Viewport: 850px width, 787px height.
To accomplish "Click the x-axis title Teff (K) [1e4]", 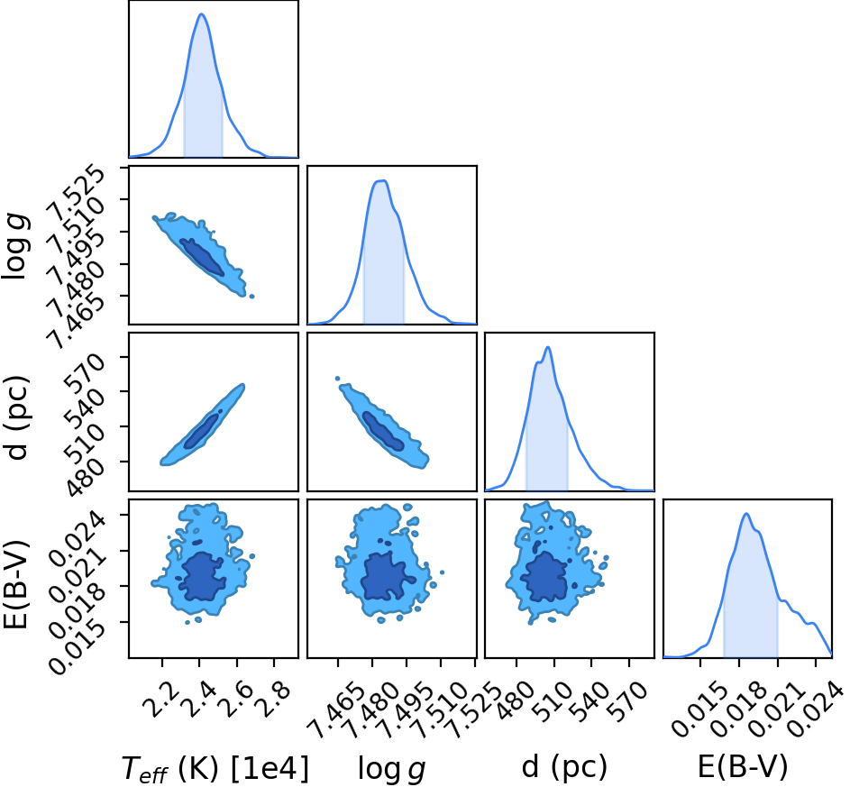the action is click(215, 769).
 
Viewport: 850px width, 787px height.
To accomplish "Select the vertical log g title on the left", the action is click(15, 247).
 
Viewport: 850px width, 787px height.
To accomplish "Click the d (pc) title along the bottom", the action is click(564, 767).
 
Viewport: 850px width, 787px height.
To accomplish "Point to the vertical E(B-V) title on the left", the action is click(15, 585).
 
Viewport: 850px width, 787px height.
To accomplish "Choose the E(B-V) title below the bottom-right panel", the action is click(742, 767).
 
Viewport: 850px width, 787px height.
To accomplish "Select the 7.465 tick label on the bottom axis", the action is click(334, 710).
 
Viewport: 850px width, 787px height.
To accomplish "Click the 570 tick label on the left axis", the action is click(84, 370).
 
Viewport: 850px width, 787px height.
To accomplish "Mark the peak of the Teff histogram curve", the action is click(202, 14).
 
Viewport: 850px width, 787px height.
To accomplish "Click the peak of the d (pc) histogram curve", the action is click(548, 347).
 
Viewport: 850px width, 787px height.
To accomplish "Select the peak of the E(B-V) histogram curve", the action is click(746, 513).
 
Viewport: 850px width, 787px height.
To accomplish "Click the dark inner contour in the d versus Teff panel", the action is click(202, 430).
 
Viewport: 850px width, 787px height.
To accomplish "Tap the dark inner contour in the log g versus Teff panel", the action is click(202, 257).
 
